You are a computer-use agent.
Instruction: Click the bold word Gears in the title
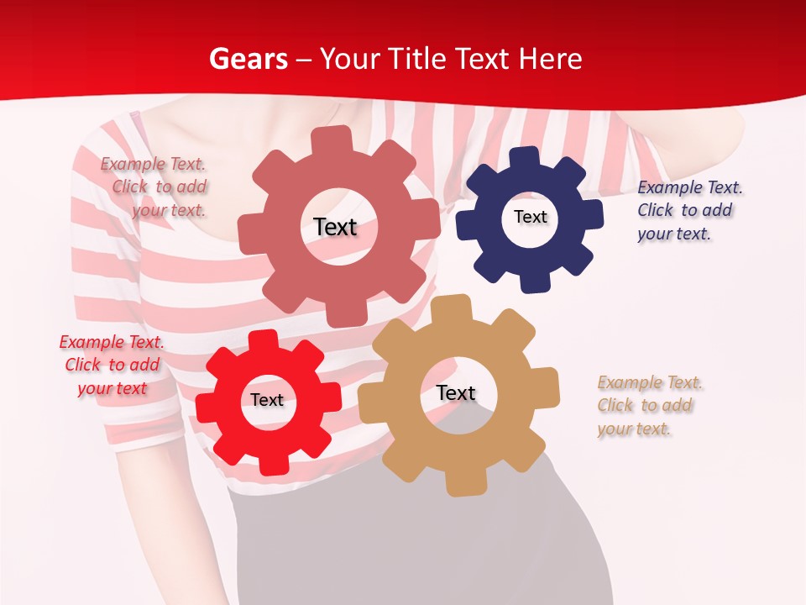click(249, 59)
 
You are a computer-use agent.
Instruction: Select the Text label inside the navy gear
click(530, 217)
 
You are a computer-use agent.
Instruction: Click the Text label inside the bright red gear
click(267, 400)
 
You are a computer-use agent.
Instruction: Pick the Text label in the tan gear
click(456, 392)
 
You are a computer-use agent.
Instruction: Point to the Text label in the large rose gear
click(335, 227)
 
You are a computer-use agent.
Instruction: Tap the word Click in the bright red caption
click(82, 365)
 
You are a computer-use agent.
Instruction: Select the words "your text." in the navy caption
click(673, 234)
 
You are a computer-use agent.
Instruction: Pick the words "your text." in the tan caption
click(634, 429)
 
